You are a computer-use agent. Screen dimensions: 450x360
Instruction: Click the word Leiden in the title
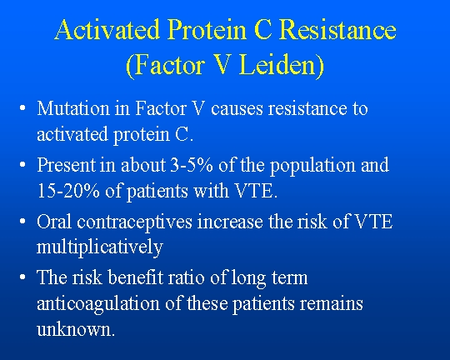pyautogui.click(x=282, y=65)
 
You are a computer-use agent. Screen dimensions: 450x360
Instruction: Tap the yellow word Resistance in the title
pyautogui.click(x=337, y=29)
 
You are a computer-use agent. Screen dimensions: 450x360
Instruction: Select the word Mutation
pyautogui.click(x=73, y=108)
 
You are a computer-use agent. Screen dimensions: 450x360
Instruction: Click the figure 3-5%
pyautogui.click(x=192, y=165)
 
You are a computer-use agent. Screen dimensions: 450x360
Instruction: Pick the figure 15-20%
pyautogui.click(x=68, y=190)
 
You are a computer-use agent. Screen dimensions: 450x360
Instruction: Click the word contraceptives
pyautogui.click(x=134, y=222)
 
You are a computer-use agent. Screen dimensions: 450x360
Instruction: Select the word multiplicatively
pyautogui.click(x=100, y=247)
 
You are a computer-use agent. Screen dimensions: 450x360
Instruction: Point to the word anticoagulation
pyautogui.click(x=98, y=304)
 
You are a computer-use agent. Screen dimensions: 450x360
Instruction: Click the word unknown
pyautogui.click(x=76, y=329)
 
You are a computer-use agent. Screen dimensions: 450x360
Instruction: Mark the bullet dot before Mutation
pyautogui.click(x=22, y=108)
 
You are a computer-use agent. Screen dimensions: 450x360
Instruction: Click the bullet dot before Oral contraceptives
pyautogui.click(x=22, y=222)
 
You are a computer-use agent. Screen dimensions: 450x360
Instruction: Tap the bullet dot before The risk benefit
pyautogui.click(x=22, y=277)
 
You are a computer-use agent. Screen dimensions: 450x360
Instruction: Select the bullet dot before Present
pyautogui.click(x=22, y=165)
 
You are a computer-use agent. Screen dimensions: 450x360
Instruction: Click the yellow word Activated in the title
pyautogui.click(x=107, y=29)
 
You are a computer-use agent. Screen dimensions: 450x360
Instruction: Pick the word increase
pyautogui.click(x=230, y=222)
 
